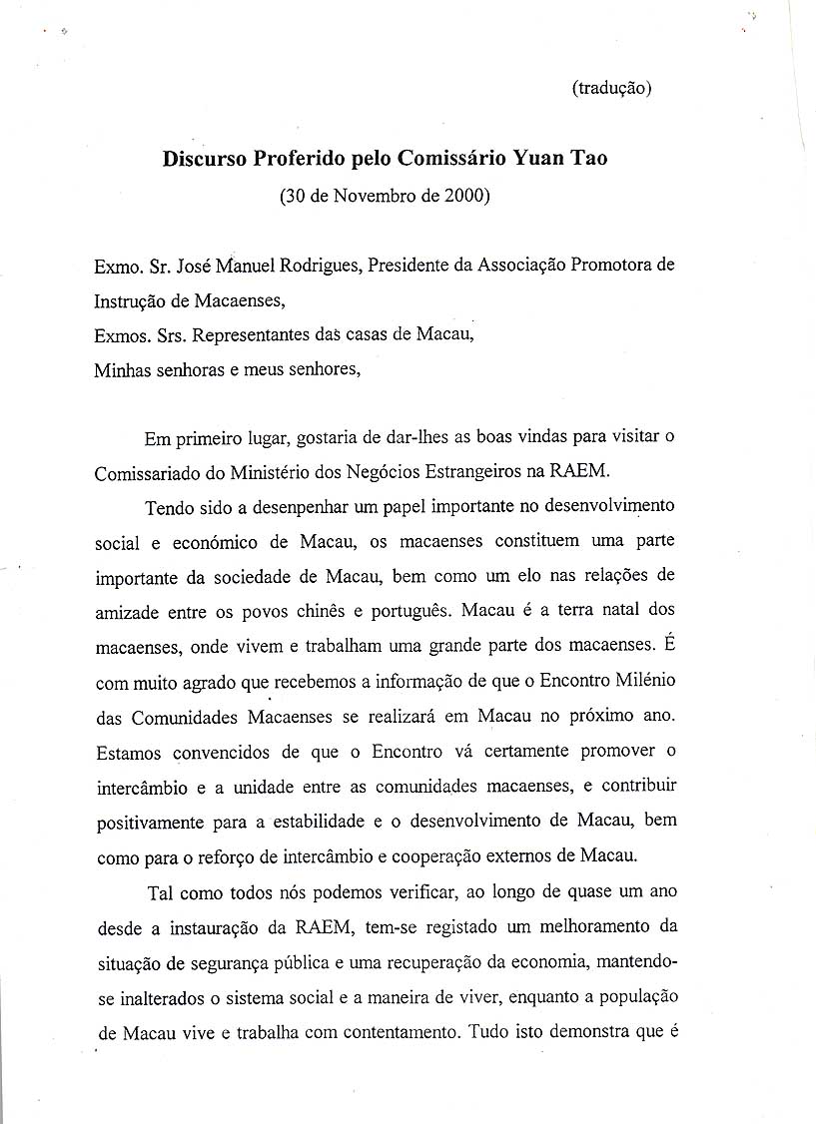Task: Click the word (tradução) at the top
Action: (x=611, y=88)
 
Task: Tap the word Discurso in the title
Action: (x=204, y=158)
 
